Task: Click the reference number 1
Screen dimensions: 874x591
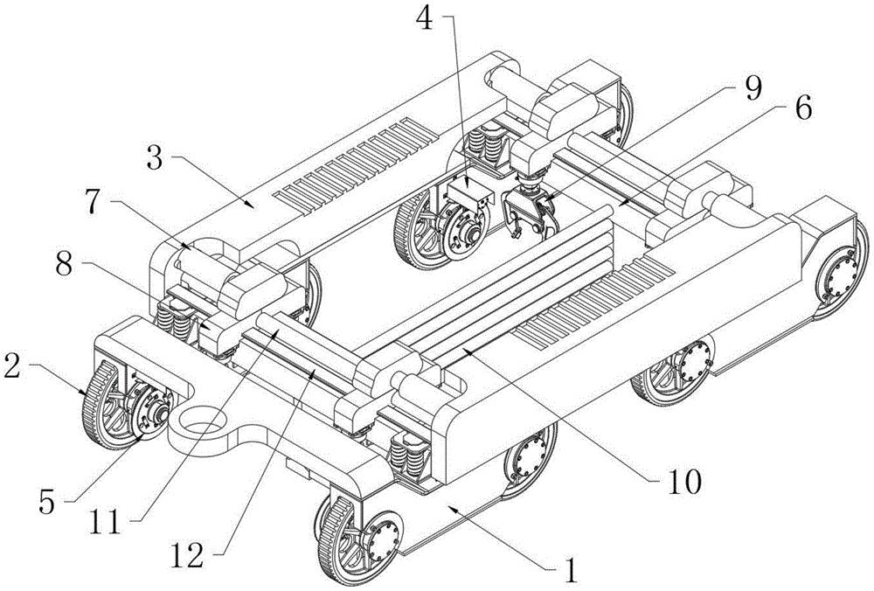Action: pyautogui.click(x=570, y=569)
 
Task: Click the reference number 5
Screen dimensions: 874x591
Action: pyautogui.click(x=47, y=502)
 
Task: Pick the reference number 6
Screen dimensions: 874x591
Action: pyautogui.click(x=802, y=108)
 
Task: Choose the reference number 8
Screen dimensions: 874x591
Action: pyautogui.click(x=65, y=266)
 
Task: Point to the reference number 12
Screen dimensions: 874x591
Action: pyautogui.click(x=187, y=555)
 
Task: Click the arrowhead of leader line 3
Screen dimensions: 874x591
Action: pyautogui.click(x=251, y=205)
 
